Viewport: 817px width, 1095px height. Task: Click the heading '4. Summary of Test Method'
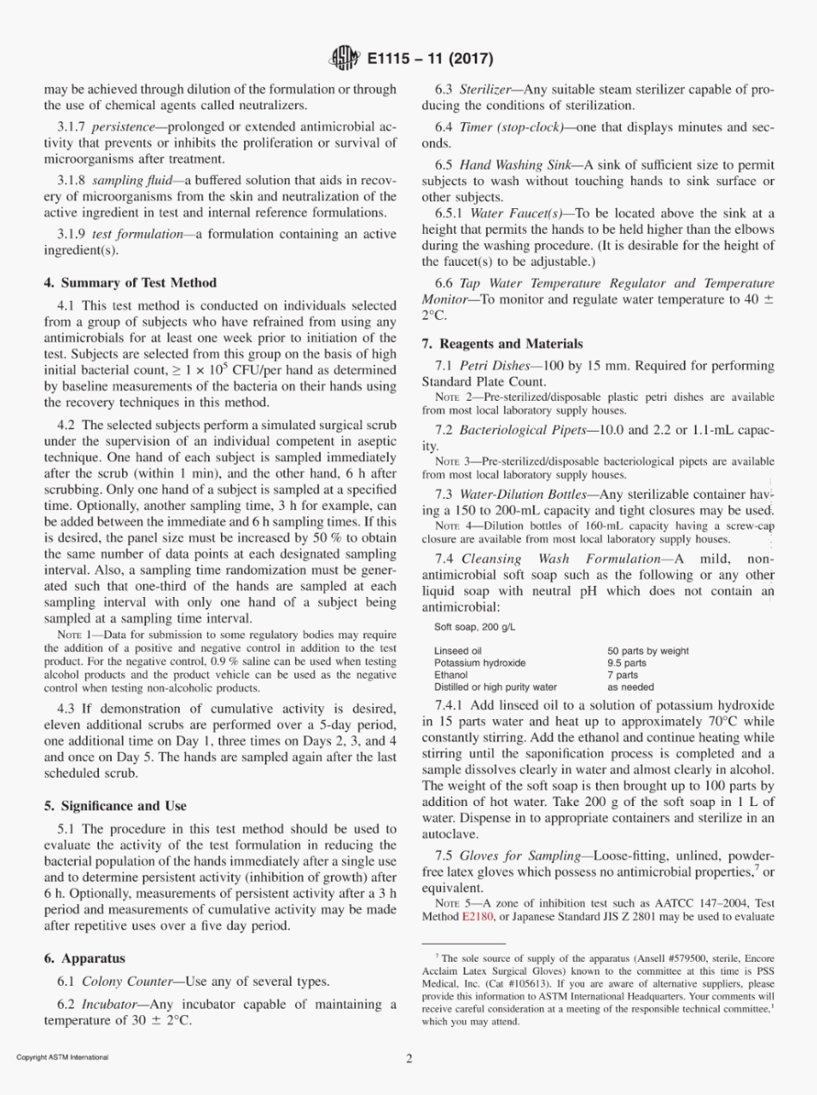130,282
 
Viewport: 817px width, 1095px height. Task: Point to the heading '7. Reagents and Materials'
502,343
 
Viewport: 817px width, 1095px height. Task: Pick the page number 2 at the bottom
409,1058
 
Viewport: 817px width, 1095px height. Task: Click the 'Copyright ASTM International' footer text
63,1057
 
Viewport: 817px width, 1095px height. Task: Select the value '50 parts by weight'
648,651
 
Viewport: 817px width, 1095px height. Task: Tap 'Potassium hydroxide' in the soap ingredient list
480,663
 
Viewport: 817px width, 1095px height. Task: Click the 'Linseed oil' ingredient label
458,651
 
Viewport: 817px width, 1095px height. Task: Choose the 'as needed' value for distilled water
630,687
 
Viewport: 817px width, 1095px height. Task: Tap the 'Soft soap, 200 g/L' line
474,627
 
